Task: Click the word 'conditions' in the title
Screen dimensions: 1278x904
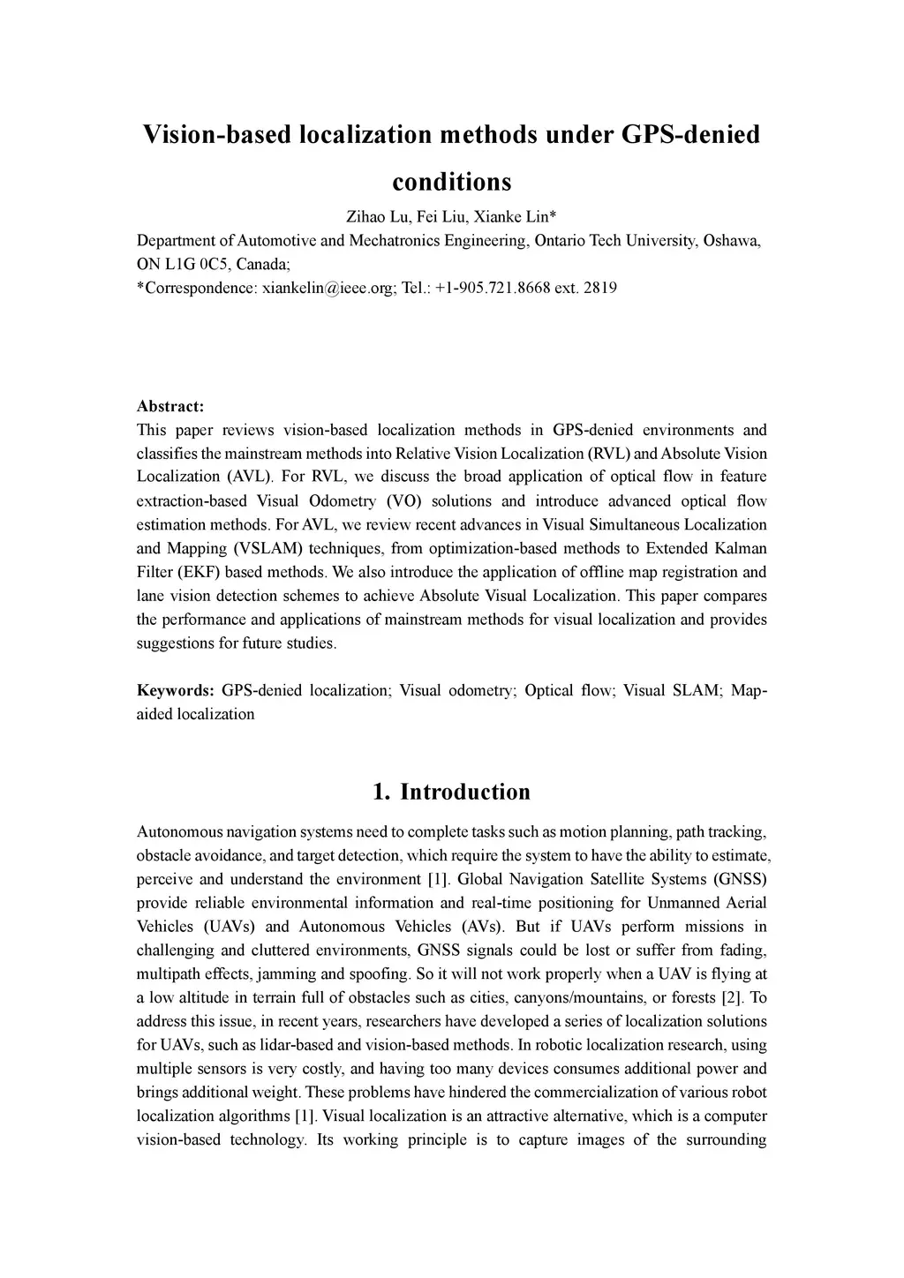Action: coord(451,182)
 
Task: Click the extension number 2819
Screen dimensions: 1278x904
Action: coord(600,288)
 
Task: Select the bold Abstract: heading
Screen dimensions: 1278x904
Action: coord(170,406)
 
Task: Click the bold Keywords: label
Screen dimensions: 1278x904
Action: coord(175,690)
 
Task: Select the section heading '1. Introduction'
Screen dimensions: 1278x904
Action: coord(451,792)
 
